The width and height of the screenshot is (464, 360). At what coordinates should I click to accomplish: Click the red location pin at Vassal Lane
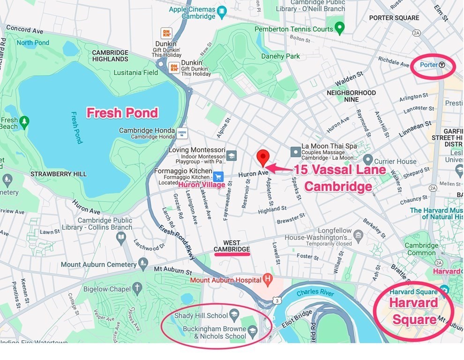pyautogui.click(x=263, y=157)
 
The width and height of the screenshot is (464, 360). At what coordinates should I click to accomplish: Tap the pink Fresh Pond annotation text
pyautogui.click(x=122, y=113)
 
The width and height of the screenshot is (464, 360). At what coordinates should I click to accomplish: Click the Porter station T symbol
pyautogui.click(x=442, y=65)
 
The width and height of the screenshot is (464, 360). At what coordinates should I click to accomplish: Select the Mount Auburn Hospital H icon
pyautogui.click(x=268, y=280)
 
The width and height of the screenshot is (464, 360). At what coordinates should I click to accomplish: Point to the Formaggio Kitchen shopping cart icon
pyautogui.click(x=218, y=177)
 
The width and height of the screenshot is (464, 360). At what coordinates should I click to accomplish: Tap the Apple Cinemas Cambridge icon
pyautogui.click(x=222, y=11)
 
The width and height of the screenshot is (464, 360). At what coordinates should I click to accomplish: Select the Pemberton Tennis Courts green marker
pyautogui.click(x=340, y=28)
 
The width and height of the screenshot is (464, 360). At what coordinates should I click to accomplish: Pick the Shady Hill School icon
pyautogui.click(x=234, y=315)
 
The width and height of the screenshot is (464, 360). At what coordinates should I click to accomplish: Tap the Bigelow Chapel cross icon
pyautogui.click(x=137, y=288)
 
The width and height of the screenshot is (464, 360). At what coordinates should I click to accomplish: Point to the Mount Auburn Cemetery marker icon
pyautogui.click(x=143, y=263)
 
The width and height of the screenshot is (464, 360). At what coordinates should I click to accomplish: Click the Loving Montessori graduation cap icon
pyautogui.click(x=231, y=155)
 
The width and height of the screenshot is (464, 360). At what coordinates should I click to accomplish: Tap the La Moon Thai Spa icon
pyautogui.click(x=295, y=151)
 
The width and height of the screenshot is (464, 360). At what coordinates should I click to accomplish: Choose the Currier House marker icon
pyautogui.click(x=368, y=160)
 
